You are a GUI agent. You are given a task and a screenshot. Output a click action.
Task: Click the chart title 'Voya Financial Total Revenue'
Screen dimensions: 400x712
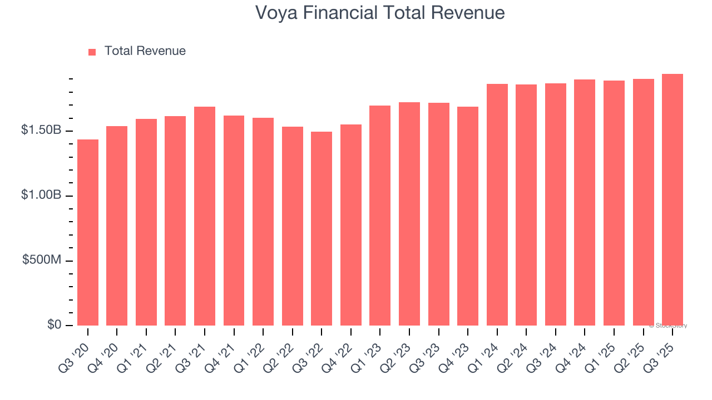[380, 13]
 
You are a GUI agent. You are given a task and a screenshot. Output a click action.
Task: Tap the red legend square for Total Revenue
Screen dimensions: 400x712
[92, 52]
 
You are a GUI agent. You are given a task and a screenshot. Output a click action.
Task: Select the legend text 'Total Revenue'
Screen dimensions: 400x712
[145, 51]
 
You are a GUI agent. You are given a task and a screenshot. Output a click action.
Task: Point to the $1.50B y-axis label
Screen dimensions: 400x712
[41, 130]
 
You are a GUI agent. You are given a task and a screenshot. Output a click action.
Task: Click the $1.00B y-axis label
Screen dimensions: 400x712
[41, 195]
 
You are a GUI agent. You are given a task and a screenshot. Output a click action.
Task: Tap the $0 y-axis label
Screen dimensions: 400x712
[54, 324]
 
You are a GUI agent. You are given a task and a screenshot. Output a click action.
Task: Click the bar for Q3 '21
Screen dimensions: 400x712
[205, 216]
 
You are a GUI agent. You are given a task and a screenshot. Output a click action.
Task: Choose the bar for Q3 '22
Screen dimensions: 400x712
[322, 228]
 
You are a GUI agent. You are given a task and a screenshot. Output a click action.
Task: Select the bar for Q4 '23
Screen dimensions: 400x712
[468, 216]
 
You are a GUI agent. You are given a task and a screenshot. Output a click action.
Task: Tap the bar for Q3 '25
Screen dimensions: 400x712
[672, 199]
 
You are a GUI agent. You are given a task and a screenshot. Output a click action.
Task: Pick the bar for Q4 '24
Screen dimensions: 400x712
[585, 202]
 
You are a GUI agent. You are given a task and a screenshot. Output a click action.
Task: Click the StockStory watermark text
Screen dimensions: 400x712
[668, 326]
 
